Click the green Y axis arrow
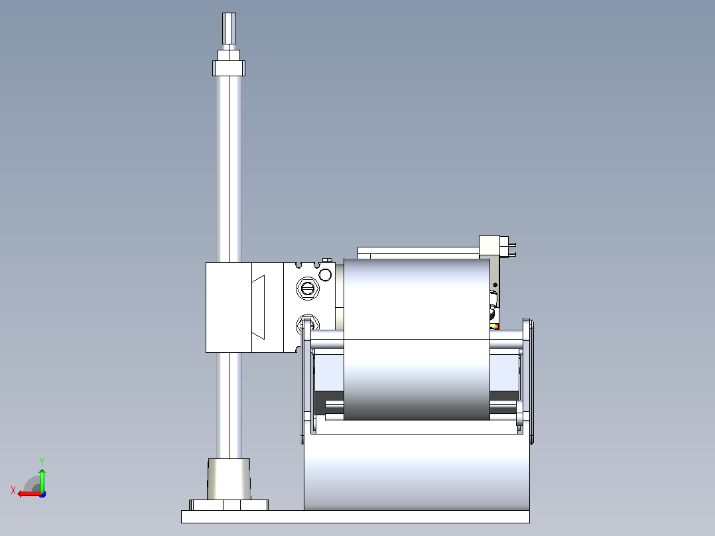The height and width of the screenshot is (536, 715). pyautogui.click(x=42, y=479)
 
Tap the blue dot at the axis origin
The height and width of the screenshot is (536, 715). pyautogui.click(x=43, y=494)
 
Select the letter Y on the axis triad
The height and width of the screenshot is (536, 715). pyautogui.click(x=42, y=461)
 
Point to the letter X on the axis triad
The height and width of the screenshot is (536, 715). pyautogui.click(x=13, y=490)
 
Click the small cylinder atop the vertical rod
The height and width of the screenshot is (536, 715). pyautogui.click(x=229, y=29)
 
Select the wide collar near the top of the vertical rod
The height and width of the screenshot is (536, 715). pyautogui.click(x=229, y=68)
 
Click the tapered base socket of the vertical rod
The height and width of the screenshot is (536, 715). pyautogui.click(x=229, y=478)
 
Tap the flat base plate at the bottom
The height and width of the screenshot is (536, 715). pyautogui.click(x=356, y=516)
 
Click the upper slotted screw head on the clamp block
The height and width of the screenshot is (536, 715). pyautogui.click(x=308, y=289)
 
